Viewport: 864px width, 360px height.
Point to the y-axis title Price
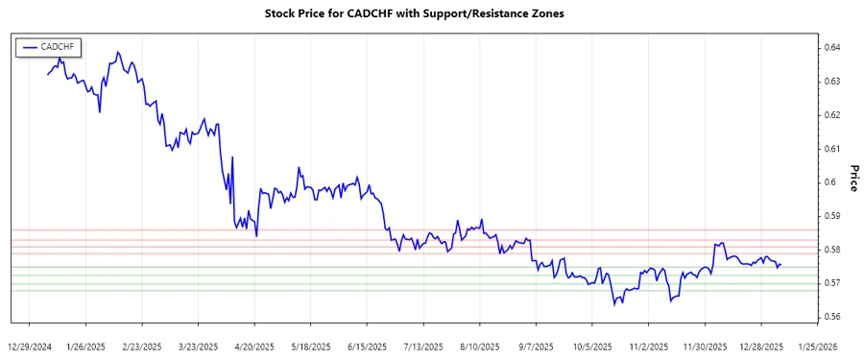[x=853, y=178]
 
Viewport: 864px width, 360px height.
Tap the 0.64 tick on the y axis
[x=834, y=47]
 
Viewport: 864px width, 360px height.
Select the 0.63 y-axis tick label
[x=834, y=81]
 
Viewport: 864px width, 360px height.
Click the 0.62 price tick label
[x=834, y=115]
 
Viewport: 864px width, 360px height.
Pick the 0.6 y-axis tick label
[x=831, y=182]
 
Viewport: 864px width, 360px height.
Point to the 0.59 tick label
[x=834, y=216]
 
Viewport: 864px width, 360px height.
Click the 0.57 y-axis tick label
[x=834, y=283]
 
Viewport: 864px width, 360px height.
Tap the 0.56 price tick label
[x=834, y=317]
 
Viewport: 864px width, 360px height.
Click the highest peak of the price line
[x=117, y=52]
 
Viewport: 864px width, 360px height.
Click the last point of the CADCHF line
[x=780, y=264]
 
